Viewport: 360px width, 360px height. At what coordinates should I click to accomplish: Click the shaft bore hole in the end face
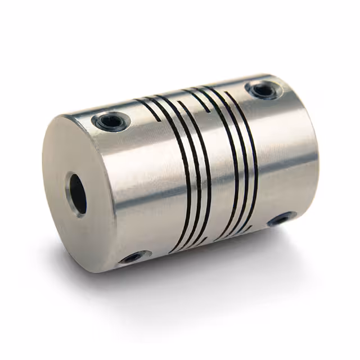[x=76, y=193]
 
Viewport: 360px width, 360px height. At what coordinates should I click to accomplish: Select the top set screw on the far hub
[x=263, y=89]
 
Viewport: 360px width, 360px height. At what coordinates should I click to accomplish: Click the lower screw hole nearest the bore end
[x=133, y=258]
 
